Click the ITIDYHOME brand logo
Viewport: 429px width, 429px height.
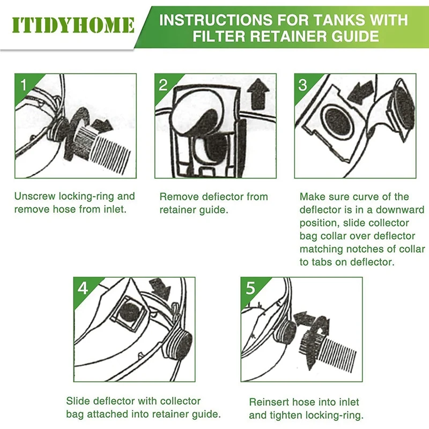(73, 25)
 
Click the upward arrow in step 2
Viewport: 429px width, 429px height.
(258, 94)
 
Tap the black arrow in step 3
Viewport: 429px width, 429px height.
(360, 92)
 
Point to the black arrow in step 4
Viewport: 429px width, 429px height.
(160, 289)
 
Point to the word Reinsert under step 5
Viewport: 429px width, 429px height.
(269, 402)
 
